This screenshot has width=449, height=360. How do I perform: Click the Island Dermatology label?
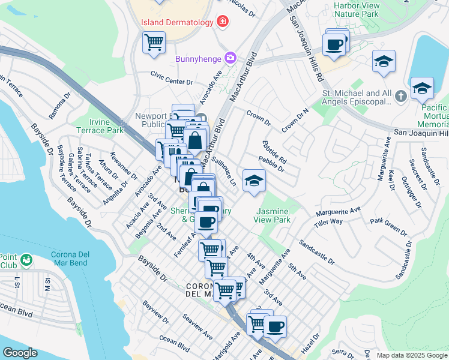pyautogui.click(x=177, y=22)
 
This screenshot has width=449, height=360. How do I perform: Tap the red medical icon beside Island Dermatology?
pyautogui.click(x=223, y=22)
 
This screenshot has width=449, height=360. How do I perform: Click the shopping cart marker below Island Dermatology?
pyautogui.click(x=154, y=43)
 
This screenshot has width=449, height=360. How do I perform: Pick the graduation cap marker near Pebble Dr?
pyautogui.click(x=254, y=181)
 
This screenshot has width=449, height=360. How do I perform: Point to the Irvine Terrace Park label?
pyautogui.click(x=100, y=126)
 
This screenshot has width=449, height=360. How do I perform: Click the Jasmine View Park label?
pyautogui.click(x=273, y=215)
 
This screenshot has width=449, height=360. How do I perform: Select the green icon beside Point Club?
pyautogui.click(x=26, y=260)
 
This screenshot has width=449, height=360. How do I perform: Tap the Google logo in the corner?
pyautogui.click(x=20, y=352)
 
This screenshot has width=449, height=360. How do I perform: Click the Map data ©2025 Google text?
pyautogui.click(x=411, y=355)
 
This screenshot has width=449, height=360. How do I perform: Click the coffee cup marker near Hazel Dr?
pyautogui.click(x=276, y=328)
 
